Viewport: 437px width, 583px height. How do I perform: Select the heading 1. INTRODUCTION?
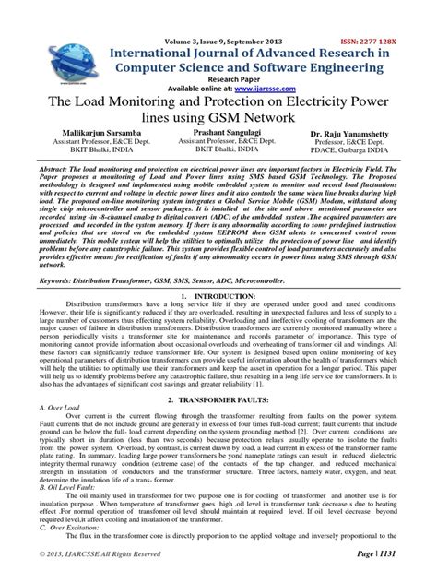coord(218,323)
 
